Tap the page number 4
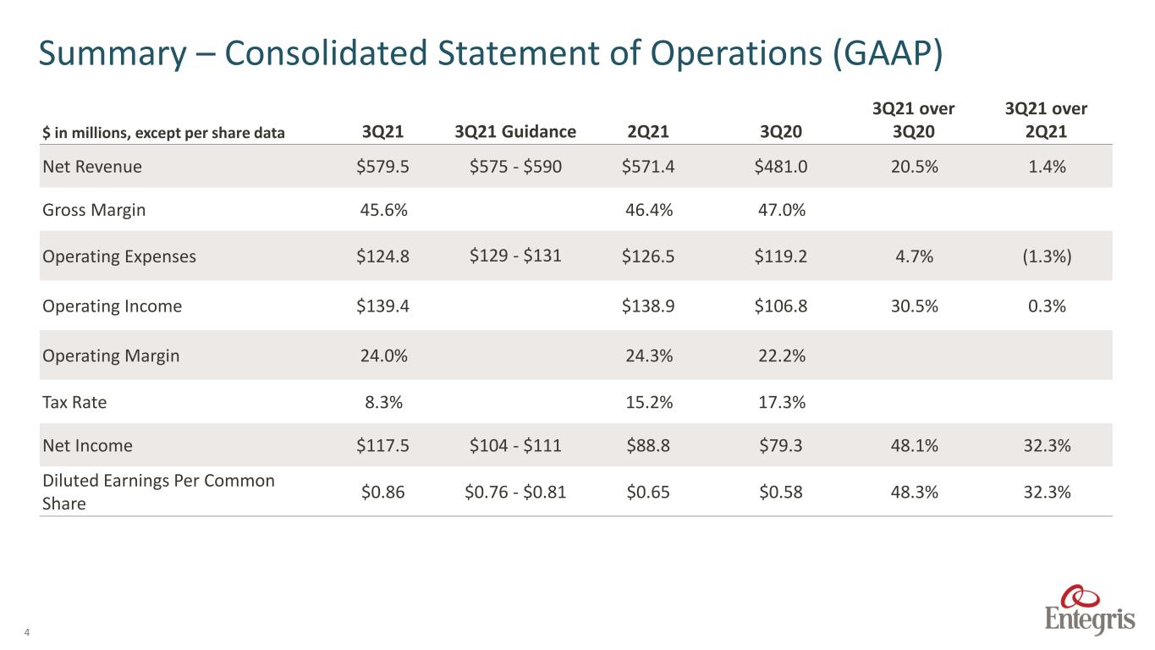27,632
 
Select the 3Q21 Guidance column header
515,131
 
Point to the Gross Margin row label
94,210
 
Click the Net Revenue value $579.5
382,167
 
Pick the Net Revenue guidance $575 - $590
515,167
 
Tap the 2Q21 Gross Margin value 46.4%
649,210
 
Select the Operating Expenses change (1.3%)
1047,256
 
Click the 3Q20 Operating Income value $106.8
781,306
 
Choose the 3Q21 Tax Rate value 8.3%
383,402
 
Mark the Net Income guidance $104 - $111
515,445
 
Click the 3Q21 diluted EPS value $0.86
382,492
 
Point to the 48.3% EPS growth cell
914,492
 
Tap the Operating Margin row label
111,356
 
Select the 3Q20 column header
781,131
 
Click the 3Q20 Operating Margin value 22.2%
781,355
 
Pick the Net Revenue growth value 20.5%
914,167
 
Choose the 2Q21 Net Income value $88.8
648,445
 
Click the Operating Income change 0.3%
1047,306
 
